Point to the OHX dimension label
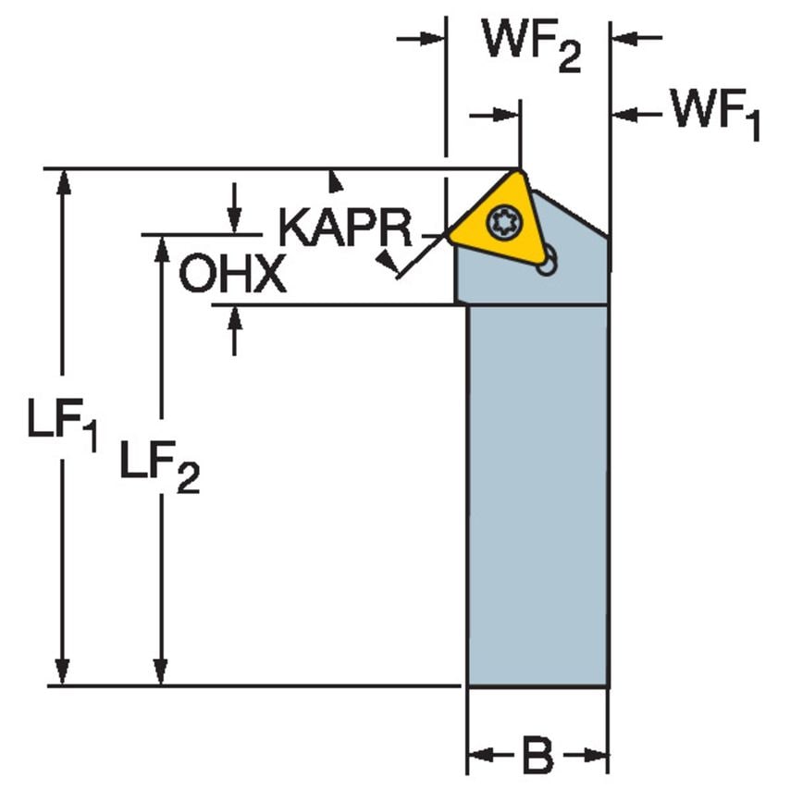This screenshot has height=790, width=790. (232, 275)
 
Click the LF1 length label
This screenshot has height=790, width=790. (61, 428)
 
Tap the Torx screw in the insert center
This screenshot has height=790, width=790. (505, 222)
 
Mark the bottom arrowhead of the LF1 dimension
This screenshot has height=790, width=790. (62, 673)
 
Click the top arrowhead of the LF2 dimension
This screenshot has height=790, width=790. (162, 247)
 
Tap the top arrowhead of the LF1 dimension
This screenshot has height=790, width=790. (62, 181)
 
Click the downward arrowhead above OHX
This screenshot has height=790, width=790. (234, 222)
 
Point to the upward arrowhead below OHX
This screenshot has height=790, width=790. (234, 317)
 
